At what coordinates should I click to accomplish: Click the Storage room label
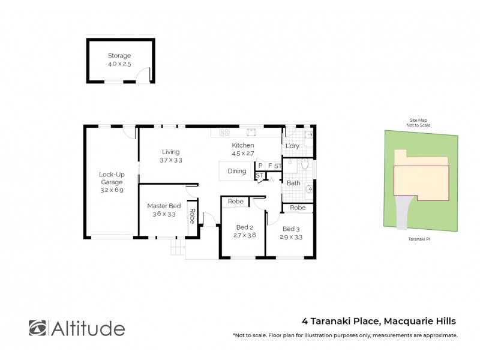coord(119,56)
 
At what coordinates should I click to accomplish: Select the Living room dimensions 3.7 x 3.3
coord(171,160)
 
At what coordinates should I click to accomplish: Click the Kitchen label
coord(243,145)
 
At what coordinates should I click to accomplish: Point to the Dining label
coord(237,171)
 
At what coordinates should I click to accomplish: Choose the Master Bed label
coord(164,206)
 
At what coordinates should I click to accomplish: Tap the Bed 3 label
coord(290,229)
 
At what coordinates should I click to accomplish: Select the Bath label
coord(293,183)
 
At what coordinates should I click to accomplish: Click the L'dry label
coord(292,146)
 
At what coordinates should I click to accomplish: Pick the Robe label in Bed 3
coord(298,208)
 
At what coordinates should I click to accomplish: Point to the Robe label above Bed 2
coord(236,202)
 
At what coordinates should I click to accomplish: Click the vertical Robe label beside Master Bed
coord(192,215)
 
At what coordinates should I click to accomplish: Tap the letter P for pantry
coord(260,166)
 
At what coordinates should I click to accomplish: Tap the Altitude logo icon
coord(37,328)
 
